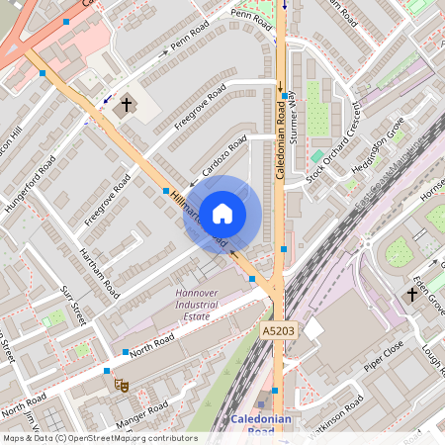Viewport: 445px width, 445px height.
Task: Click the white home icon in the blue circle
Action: tap(222, 213)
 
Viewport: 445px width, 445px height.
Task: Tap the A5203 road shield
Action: tap(280, 329)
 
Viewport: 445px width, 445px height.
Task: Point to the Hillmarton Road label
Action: tap(198, 219)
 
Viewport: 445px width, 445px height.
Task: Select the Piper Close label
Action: tap(384, 358)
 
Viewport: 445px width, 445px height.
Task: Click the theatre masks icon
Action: tap(122, 385)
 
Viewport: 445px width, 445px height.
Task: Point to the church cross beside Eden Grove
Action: tap(411, 295)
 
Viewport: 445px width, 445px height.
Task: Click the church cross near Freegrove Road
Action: tap(127, 104)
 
